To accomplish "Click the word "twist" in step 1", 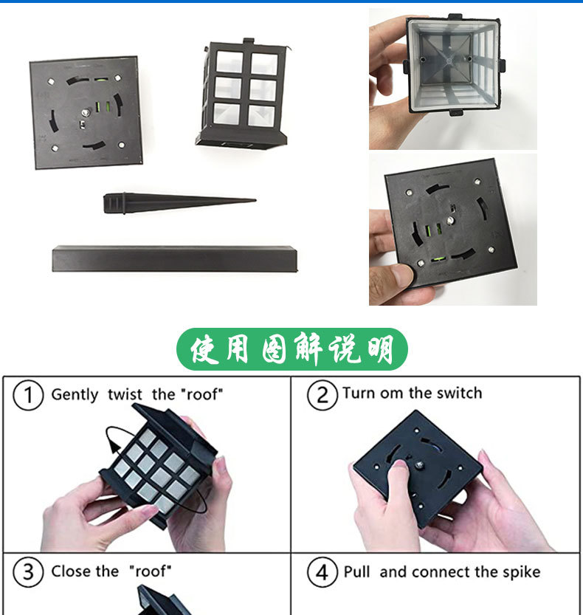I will point(125,394).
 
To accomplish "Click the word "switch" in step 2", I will point(459,393).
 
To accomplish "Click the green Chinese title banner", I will point(291,349).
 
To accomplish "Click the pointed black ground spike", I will point(177,201).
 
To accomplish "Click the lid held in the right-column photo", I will point(450,221).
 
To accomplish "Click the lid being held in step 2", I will point(417,469).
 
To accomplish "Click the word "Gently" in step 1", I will point(75,394).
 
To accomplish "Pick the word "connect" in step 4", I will point(441,572).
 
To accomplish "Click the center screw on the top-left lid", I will point(86,111).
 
